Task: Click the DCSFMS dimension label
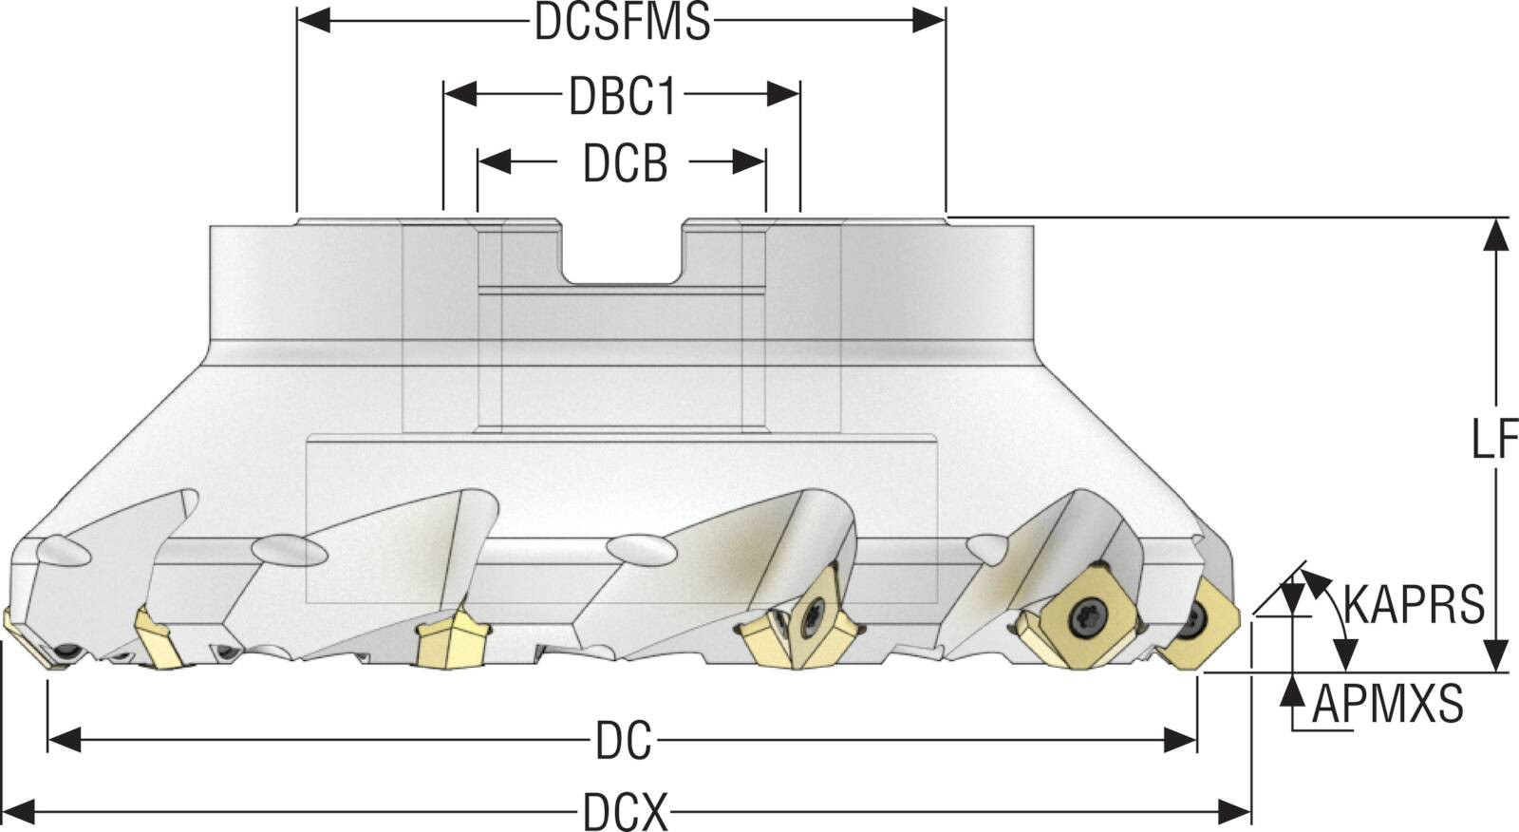pos(622,21)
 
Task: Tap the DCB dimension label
pos(625,163)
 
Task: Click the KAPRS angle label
pos(1414,604)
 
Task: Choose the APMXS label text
pos(1388,705)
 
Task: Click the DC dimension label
pos(624,741)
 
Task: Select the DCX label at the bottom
pos(625,812)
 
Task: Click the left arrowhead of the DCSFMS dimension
pos(313,20)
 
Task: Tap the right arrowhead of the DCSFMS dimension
pos(929,20)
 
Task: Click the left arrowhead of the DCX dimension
pos(19,812)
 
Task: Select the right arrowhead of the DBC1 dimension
pos(783,94)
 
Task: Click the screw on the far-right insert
pos(1191,627)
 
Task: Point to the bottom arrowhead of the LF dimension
pos(1495,655)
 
